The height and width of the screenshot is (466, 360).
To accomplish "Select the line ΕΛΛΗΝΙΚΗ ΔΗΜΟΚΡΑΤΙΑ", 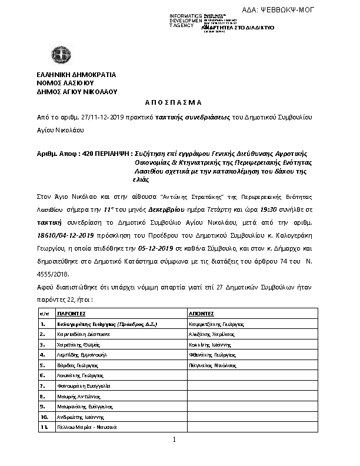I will click(x=76, y=75).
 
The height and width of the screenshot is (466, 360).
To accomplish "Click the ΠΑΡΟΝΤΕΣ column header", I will click(x=72, y=314).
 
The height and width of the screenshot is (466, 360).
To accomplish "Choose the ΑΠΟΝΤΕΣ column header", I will click(x=202, y=314).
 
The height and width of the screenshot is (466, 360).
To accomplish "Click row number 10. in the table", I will click(x=44, y=416).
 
